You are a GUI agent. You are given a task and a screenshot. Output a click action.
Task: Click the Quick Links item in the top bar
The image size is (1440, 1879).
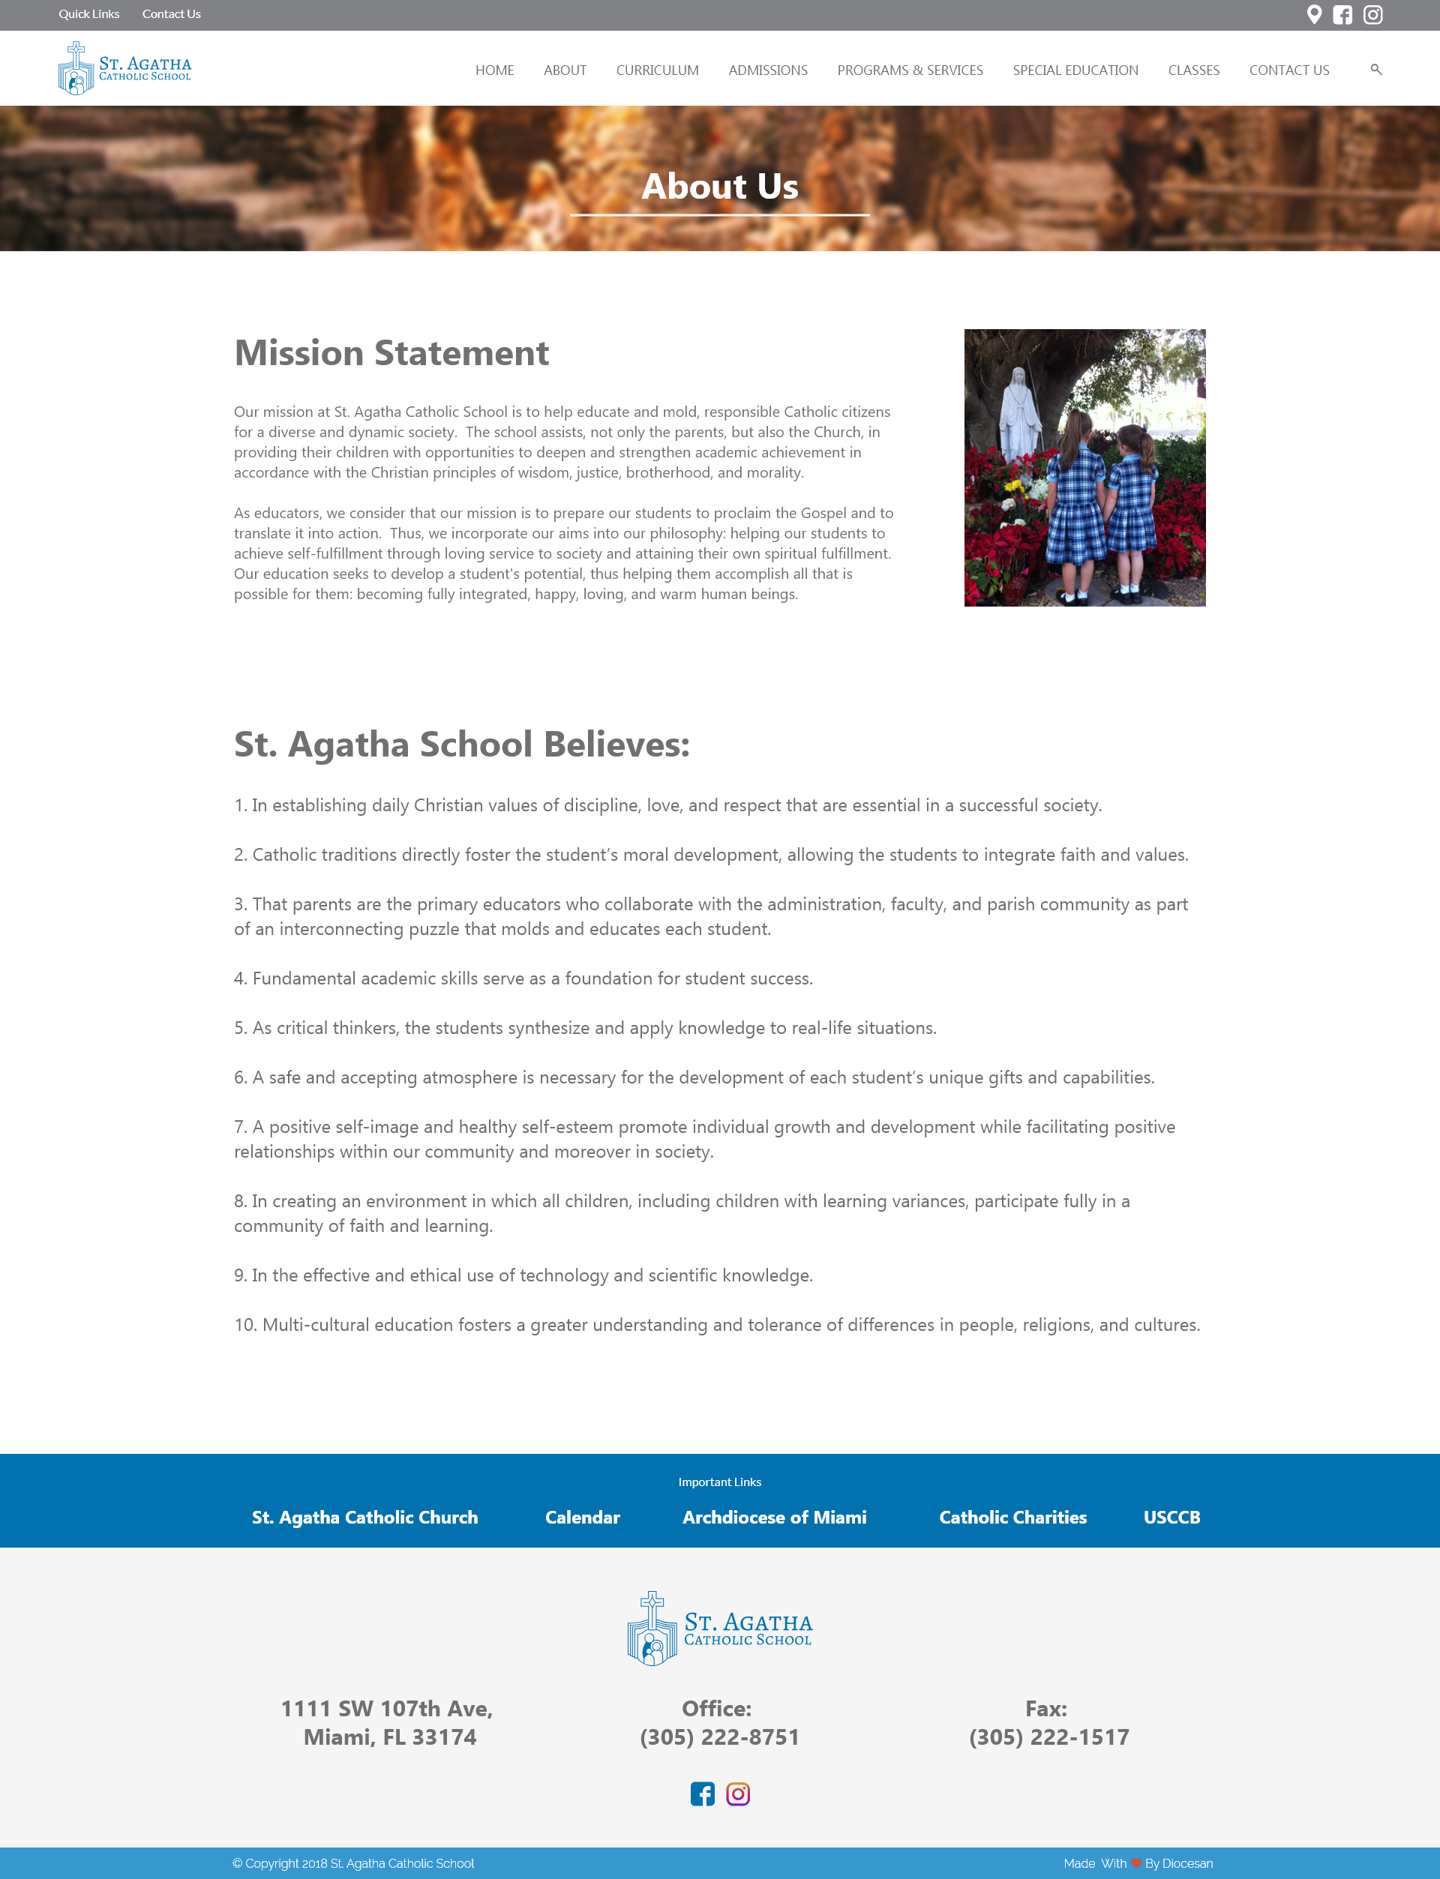point(89,14)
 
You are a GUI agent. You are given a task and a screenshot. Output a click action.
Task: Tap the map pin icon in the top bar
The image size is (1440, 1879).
point(1314,14)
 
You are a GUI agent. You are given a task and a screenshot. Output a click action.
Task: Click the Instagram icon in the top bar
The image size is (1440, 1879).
point(1373,14)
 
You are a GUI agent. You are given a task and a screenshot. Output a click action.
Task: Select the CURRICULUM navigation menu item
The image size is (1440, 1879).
point(658,70)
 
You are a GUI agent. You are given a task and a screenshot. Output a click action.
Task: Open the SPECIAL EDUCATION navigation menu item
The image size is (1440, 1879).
point(1075,70)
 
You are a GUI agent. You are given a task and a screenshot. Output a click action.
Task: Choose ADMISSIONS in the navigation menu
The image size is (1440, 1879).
point(768,70)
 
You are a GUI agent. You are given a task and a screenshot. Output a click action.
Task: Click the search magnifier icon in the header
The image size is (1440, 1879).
point(1375,70)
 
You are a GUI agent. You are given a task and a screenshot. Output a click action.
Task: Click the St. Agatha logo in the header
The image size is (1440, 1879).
point(125,68)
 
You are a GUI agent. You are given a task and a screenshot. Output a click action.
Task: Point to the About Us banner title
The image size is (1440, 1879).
point(720,187)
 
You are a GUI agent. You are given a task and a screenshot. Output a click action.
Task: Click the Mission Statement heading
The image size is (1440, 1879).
point(391,353)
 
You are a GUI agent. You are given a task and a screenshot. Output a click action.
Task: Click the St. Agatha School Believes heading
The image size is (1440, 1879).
point(462,744)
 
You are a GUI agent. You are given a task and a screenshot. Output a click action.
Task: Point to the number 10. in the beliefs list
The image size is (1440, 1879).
point(245,1325)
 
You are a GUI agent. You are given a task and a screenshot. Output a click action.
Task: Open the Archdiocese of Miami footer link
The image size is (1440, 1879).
point(774,1518)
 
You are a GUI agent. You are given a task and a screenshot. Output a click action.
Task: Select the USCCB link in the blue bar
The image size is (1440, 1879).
point(1171,1518)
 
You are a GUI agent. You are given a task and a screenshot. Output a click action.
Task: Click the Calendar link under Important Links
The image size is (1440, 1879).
point(582,1518)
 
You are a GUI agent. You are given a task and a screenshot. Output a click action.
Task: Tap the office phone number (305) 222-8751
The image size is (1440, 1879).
point(719,1737)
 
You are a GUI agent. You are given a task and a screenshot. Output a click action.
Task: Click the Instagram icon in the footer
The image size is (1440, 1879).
point(738,1794)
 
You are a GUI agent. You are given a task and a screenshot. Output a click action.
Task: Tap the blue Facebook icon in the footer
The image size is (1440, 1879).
point(702,1794)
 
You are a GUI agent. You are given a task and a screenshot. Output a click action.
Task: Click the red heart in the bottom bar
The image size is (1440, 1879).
point(1135,1863)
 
